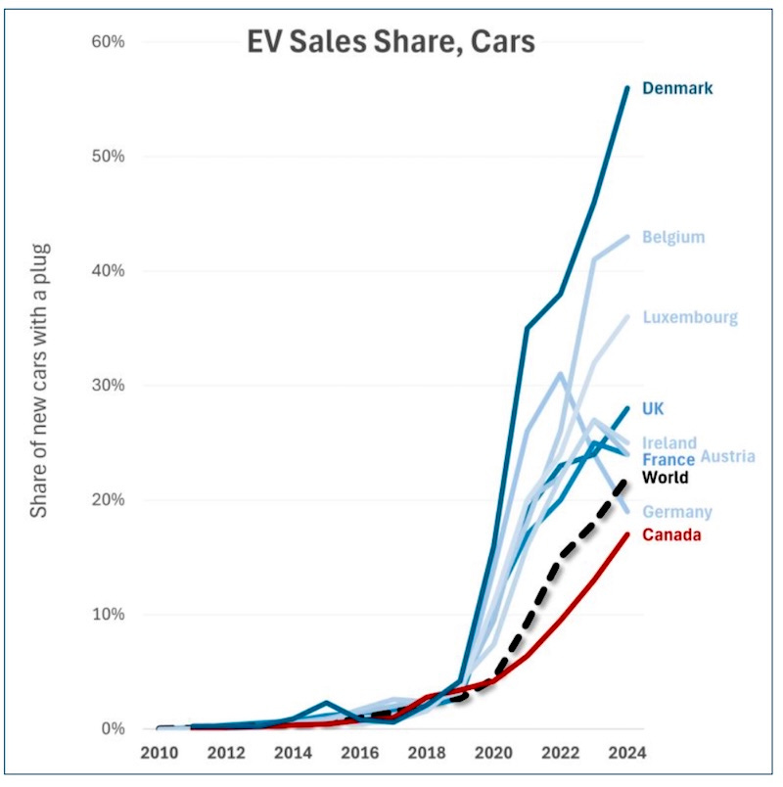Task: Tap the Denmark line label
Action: (x=677, y=88)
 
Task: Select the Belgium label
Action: (x=673, y=237)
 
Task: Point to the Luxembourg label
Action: (x=690, y=317)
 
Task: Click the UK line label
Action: (x=653, y=408)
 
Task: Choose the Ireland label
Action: (x=669, y=443)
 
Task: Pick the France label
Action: (x=668, y=459)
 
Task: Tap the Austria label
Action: (x=728, y=457)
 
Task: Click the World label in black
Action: (x=666, y=478)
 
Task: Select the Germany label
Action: (x=677, y=512)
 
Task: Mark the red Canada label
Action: (x=671, y=534)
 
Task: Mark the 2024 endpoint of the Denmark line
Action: (x=626, y=88)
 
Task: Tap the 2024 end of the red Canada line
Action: (x=626, y=534)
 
